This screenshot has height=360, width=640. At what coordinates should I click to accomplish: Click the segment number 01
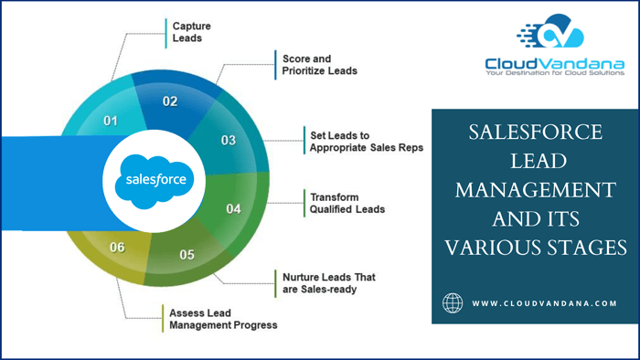click(111, 121)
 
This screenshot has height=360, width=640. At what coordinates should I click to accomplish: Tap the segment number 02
click(170, 101)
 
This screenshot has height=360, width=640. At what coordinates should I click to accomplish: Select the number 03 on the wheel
click(229, 140)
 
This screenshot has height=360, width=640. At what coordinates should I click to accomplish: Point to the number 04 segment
click(233, 209)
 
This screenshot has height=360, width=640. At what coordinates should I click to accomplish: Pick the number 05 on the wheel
click(187, 255)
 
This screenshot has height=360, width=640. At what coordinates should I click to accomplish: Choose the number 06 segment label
click(117, 247)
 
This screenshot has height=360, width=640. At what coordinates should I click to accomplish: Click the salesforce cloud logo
click(151, 178)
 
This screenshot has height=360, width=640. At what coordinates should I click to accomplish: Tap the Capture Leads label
click(187, 32)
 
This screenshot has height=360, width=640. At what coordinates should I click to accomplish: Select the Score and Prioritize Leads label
click(313, 64)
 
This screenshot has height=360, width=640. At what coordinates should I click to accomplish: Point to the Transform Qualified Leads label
click(347, 202)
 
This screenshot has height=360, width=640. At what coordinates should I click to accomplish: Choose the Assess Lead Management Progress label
click(222, 318)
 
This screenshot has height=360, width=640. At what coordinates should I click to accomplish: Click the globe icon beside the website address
click(453, 303)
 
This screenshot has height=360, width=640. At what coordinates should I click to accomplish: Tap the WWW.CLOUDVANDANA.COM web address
click(544, 303)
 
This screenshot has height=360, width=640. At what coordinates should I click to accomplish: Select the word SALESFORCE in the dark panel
click(535, 132)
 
